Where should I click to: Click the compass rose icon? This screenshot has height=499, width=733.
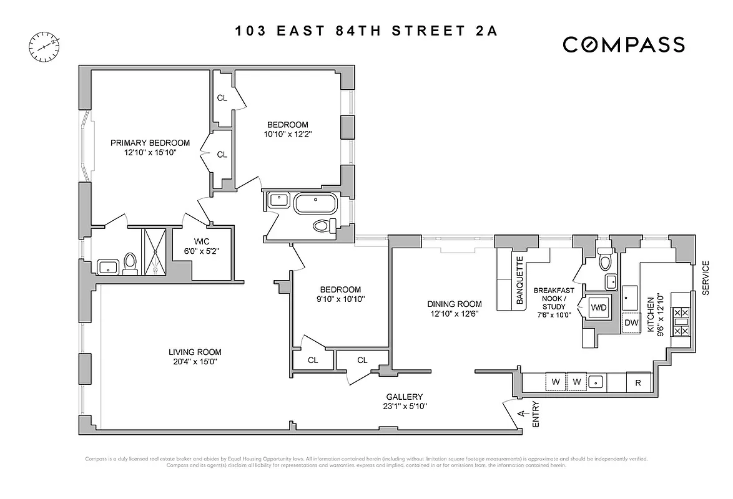coord(44,45)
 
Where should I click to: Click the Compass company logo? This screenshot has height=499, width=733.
coord(624,44)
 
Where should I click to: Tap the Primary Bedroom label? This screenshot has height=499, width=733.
coord(150,143)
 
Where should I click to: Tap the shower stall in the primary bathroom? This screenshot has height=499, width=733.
coord(155,251)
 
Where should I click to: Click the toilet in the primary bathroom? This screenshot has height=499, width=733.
coord(130,264)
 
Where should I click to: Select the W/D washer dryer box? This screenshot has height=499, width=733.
coord(598,308)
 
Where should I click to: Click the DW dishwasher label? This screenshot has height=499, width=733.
coord(631,322)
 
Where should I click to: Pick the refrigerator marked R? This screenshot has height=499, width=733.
coord(638,382)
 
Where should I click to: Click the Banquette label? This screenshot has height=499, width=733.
coord(519,281)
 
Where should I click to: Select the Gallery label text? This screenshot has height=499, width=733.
coord(404,397)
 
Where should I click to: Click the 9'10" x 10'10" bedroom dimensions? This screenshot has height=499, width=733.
coord(340,299)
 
